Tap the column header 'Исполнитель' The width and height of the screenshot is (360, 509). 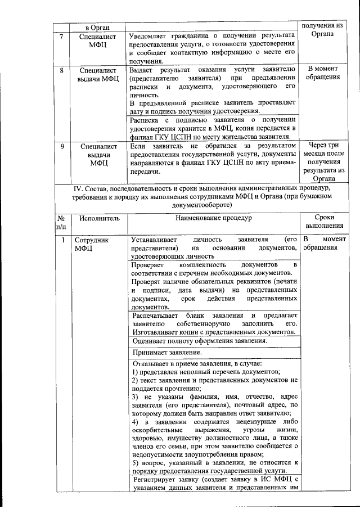pos(97,217)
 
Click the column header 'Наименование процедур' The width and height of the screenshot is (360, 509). pos(213,217)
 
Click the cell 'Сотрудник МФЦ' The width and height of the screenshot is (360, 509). pos(93,243)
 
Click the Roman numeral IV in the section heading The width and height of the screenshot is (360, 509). pos(73,188)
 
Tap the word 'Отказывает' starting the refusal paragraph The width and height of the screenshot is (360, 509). pos(151,363)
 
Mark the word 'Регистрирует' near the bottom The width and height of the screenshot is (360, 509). pos(156,480)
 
